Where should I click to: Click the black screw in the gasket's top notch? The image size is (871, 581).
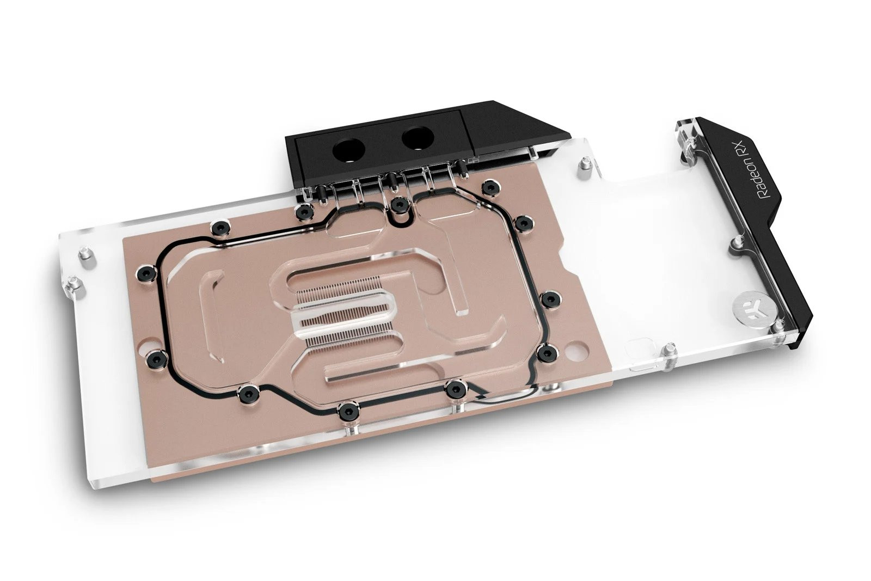coord(400,205)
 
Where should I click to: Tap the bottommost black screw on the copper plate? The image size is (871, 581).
coord(346,409)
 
